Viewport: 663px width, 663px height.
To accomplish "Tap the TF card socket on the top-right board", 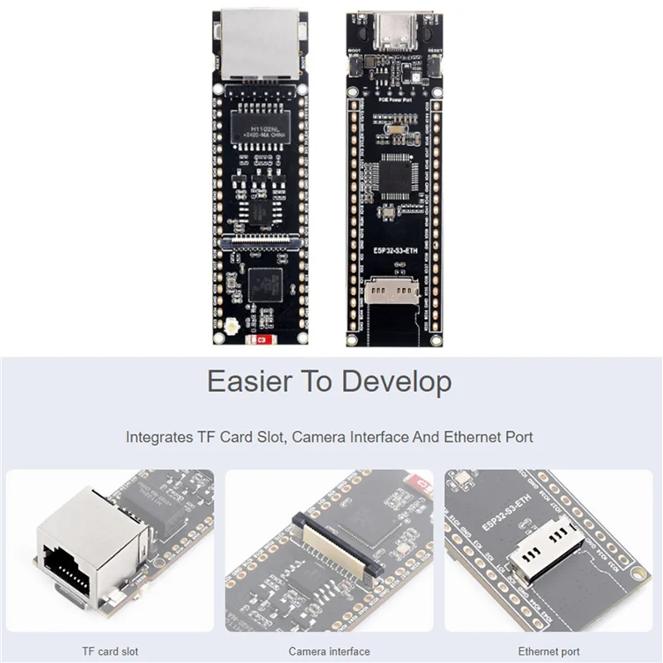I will tap(385, 289).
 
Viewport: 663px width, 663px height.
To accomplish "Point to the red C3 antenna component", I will tap(261, 339).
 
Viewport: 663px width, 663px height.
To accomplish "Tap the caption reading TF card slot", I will tap(110, 651).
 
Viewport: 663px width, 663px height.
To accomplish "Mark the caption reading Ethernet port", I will tap(548, 651).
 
